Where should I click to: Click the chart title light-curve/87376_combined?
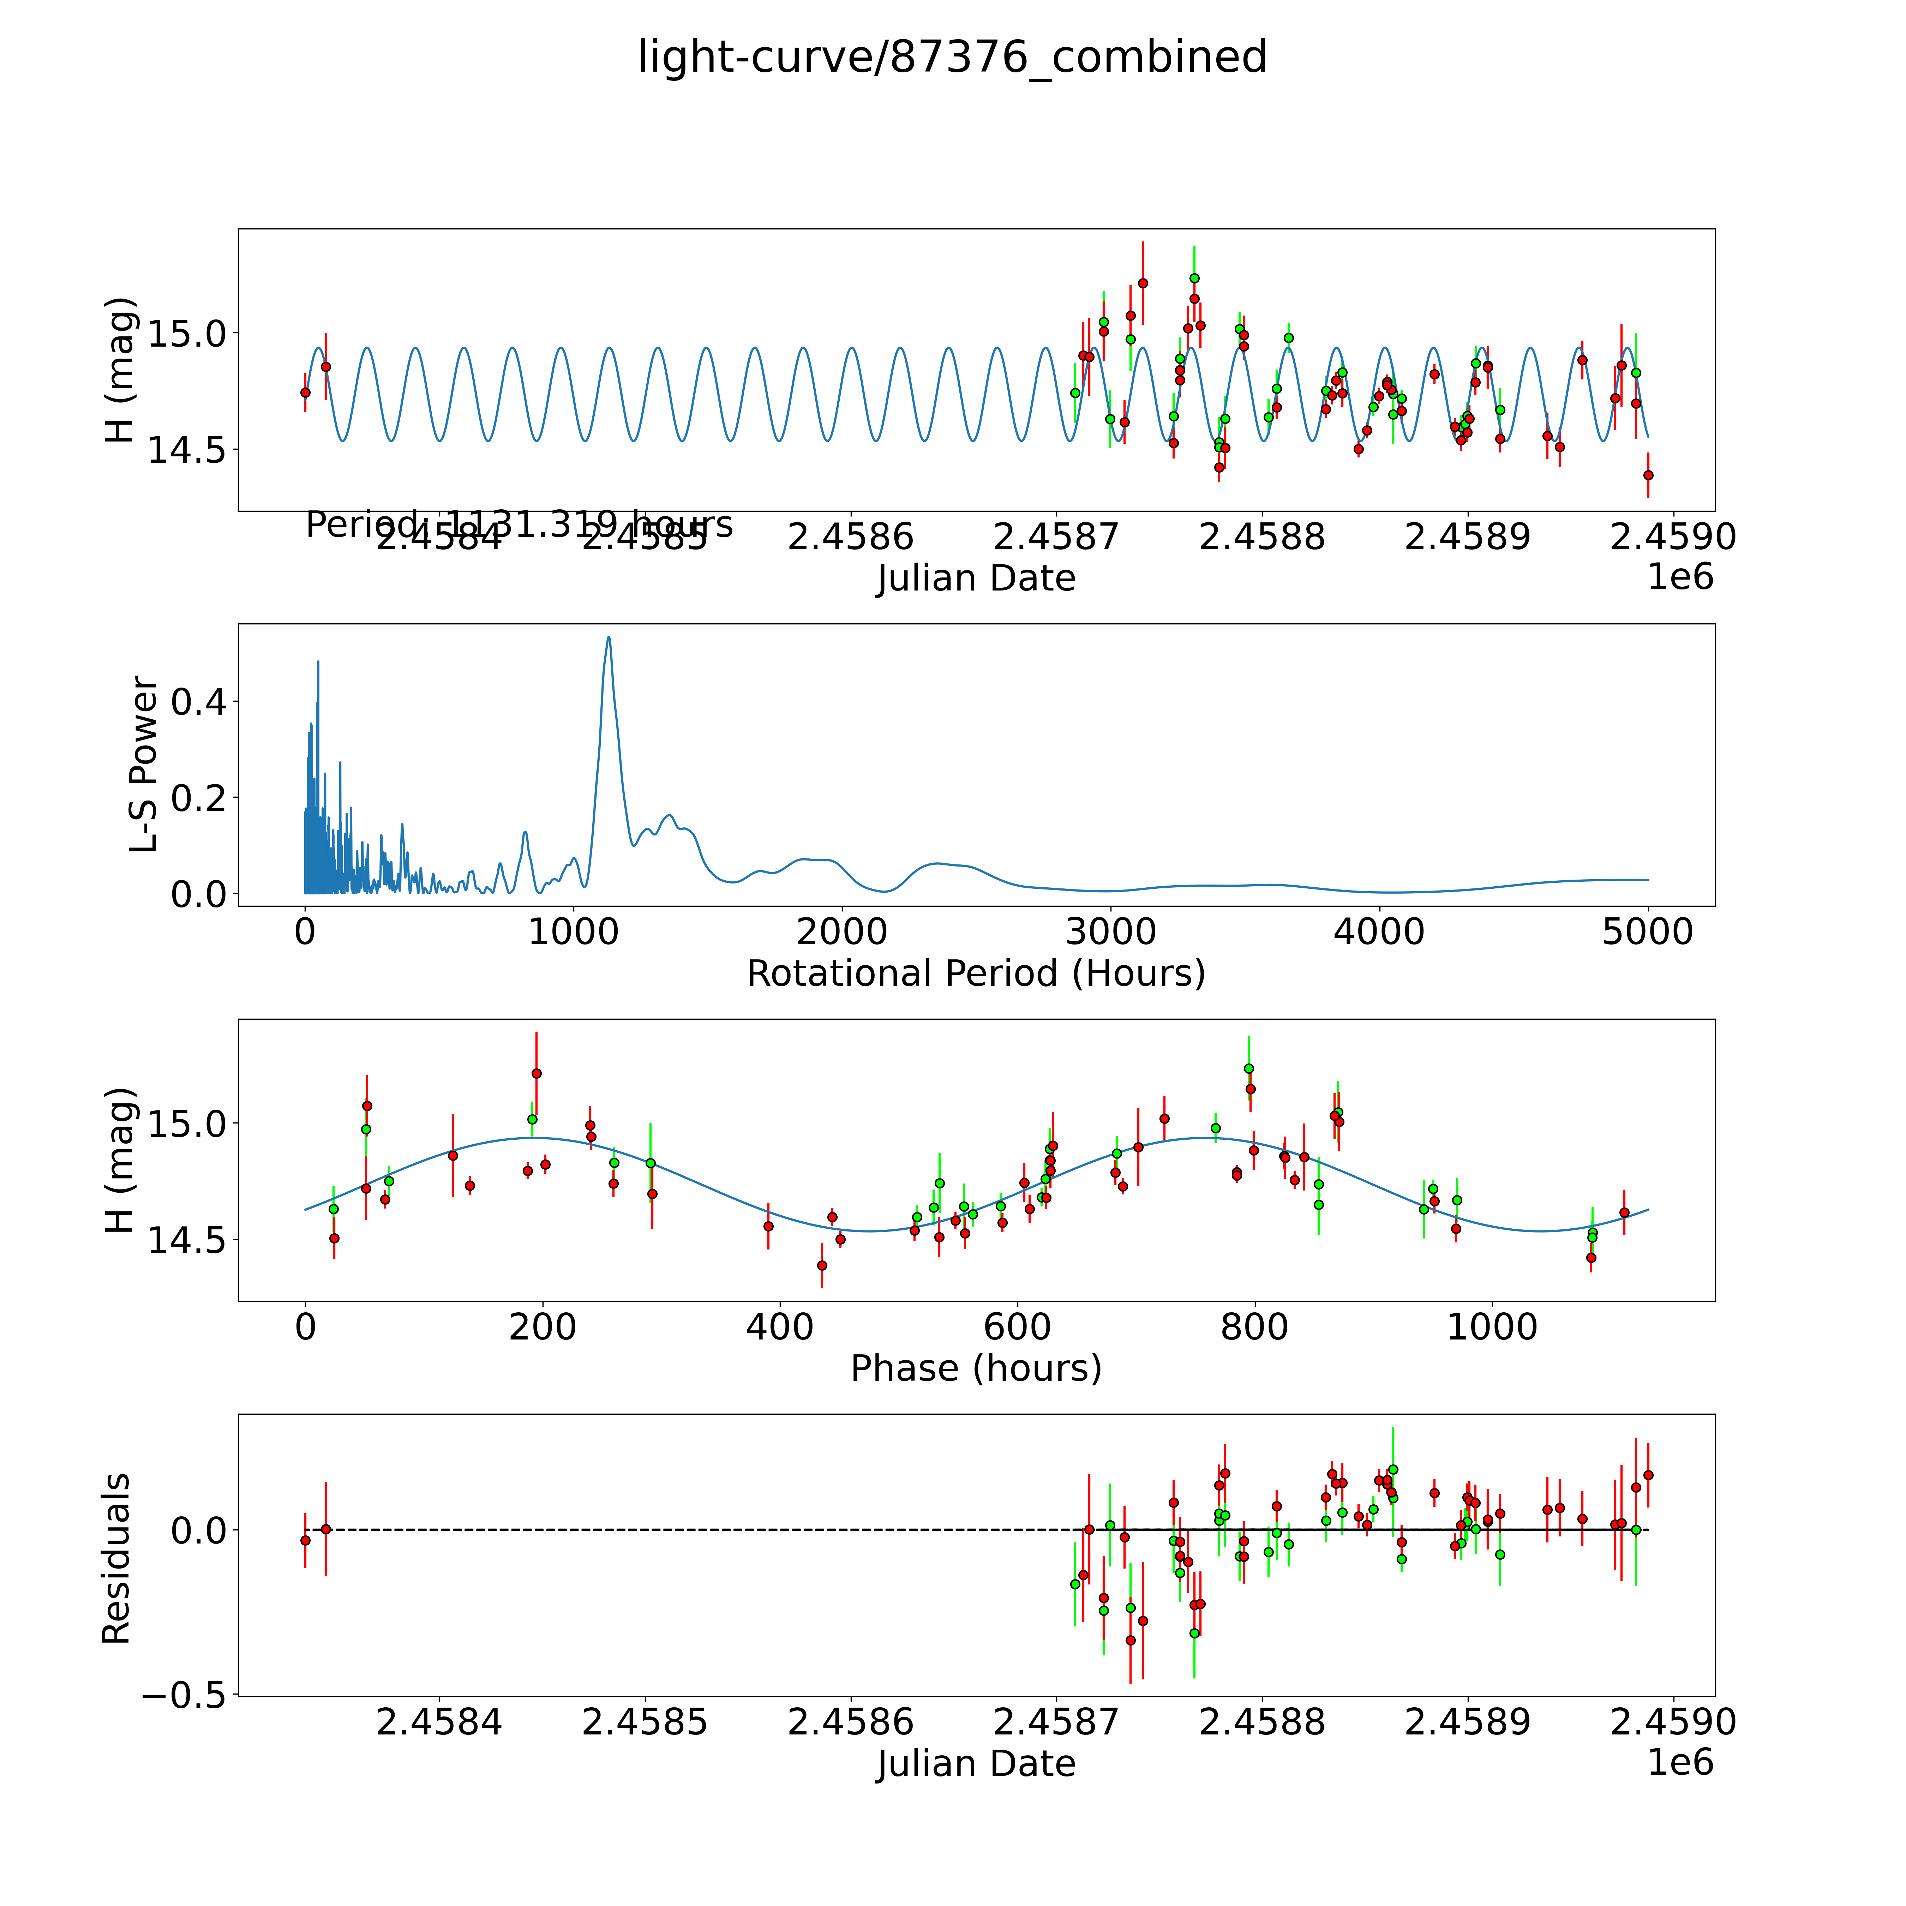click(x=952, y=57)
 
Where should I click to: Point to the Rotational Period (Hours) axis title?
click(x=976, y=974)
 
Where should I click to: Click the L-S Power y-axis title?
click(x=144, y=765)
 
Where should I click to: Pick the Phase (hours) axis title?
click(x=976, y=1368)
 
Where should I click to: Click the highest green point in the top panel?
click(x=1194, y=278)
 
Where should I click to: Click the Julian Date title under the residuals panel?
click(x=976, y=1764)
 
